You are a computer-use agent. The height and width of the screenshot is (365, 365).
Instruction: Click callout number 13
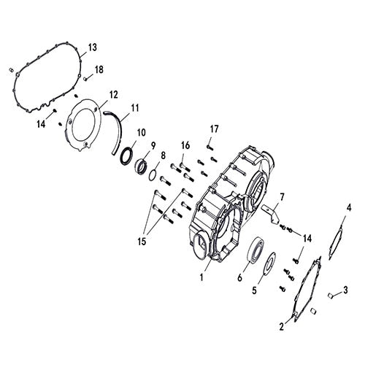click(92, 48)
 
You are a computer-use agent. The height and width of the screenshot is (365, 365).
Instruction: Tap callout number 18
click(99, 69)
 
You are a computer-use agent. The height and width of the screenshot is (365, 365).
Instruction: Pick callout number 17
click(214, 129)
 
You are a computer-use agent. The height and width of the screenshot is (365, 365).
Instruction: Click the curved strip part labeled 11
click(117, 131)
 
